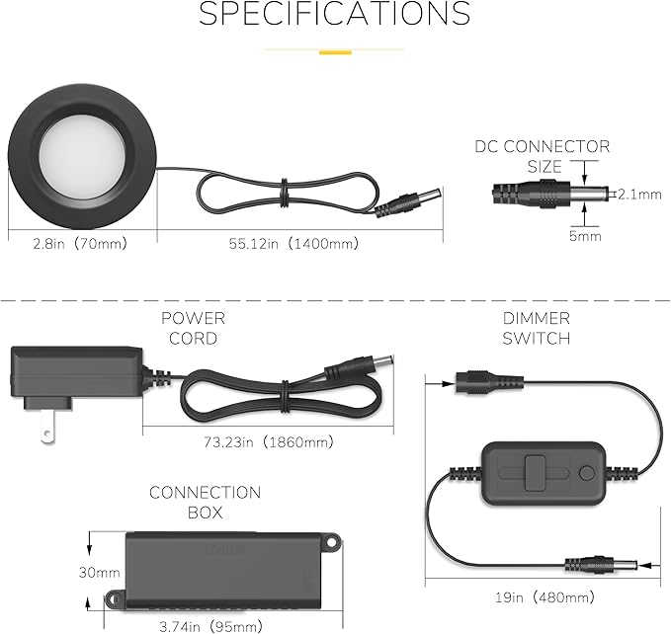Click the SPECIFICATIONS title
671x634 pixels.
tap(335, 13)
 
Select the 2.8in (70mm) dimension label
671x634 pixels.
tap(80, 244)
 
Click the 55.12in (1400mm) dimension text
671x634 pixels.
tap(294, 244)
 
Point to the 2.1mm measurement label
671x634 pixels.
tap(639, 195)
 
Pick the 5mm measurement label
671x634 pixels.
tap(585, 236)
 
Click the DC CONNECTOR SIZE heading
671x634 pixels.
tap(543, 156)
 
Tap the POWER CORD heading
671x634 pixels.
tap(193, 328)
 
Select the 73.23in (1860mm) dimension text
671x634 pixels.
tap(269, 441)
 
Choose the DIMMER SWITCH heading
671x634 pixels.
tap(537, 328)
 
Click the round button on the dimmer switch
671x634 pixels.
tap(586, 473)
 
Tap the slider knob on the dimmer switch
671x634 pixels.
tap(535, 473)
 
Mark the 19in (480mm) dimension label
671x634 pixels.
tap(545, 597)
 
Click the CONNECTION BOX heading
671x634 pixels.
tap(205, 503)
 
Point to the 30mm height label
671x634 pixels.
tap(99, 573)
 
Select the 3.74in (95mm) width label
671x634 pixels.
tap(210, 627)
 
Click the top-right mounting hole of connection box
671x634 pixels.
tap(332, 542)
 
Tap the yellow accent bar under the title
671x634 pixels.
tap(336, 52)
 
